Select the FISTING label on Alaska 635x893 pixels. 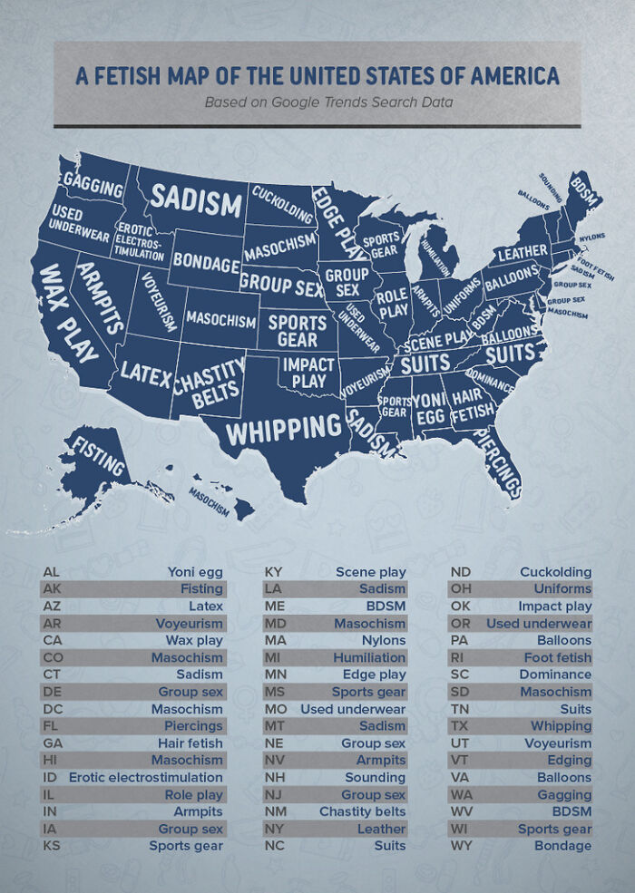click(x=97, y=457)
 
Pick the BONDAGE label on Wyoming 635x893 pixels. click(x=206, y=261)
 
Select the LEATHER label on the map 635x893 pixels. click(x=522, y=251)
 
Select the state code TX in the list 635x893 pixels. click(x=459, y=726)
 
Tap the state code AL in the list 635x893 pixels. click(x=51, y=572)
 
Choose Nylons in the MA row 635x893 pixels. click(x=384, y=640)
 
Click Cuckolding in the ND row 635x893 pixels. click(x=555, y=572)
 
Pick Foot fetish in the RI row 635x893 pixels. click(x=557, y=657)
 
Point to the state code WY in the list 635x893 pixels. click(x=461, y=846)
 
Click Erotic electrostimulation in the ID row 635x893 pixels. click(x=145, y=777)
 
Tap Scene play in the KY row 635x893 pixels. click(x=370, y=572)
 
